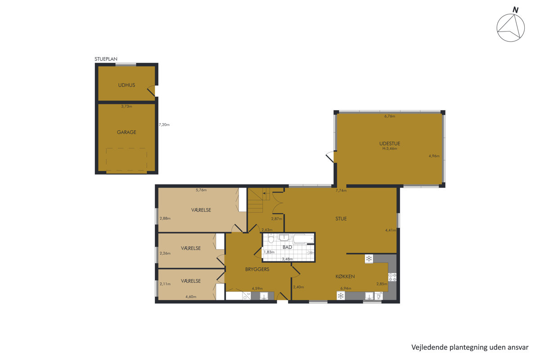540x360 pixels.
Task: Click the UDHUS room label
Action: [126, 85]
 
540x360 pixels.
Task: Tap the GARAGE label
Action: [126, 132]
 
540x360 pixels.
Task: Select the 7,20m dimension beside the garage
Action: [164, 125]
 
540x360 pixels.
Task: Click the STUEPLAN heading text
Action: [106, 59]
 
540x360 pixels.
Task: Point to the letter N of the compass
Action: [515, 10]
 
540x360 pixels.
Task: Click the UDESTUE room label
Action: [390, 144]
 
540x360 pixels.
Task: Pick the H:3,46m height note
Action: [390, 148]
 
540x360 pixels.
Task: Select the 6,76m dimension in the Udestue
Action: [390, 116]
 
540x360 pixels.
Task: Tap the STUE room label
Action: [341, 219]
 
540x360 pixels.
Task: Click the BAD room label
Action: [287, 247]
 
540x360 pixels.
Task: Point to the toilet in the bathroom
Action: [271, 238]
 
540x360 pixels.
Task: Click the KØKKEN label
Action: [345, 276]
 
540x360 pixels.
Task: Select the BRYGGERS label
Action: [257, 270]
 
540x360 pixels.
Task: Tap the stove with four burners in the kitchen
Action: [392, 277]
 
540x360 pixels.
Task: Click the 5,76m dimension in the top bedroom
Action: [201, 190]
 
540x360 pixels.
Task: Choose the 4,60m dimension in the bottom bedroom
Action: [191, 297]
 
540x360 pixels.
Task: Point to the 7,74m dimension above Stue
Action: [341, 190]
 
